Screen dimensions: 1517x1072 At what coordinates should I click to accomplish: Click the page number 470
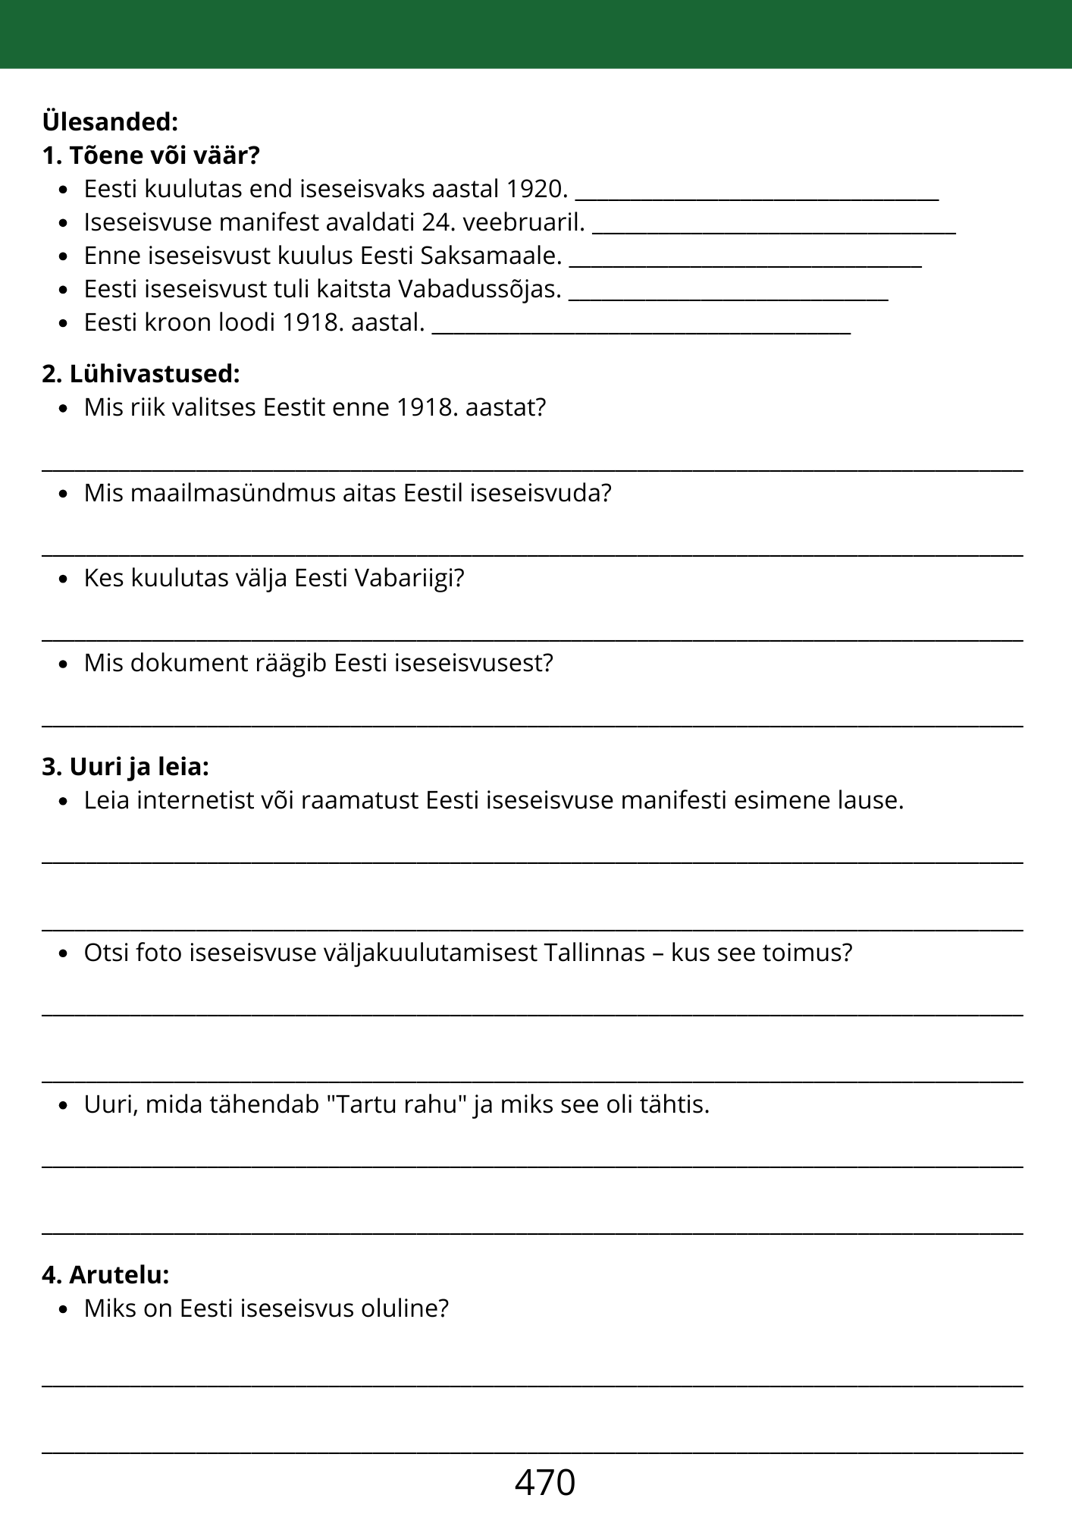coord(544,1481)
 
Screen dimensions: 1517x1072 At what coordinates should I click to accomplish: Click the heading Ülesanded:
coord(110,121)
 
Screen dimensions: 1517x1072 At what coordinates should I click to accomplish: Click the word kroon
coord(177,322)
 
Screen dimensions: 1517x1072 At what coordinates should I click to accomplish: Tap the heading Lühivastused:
coord(141,374)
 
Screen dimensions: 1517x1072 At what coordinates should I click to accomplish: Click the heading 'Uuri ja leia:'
coord(125,767)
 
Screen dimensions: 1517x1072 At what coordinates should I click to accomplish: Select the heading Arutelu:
coord(105,1275)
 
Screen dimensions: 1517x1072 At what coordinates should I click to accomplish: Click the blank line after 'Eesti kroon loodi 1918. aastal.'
coord(641,330)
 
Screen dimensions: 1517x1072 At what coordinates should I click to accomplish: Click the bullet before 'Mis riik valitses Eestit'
coord(64,408)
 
